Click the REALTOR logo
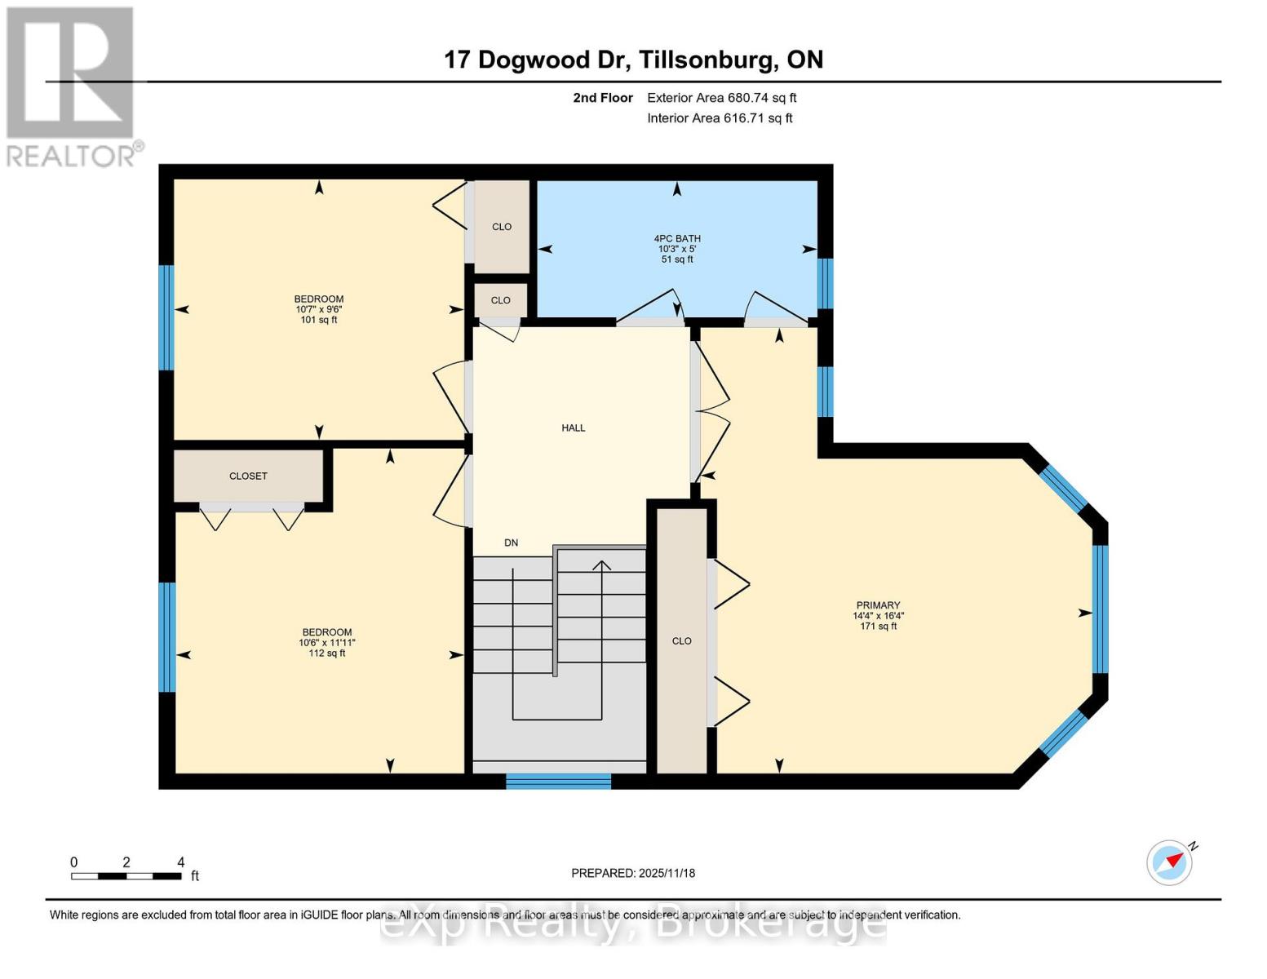click(x=71, y=86)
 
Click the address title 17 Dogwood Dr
click(x=633, y=60)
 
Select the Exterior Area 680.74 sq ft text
click(x=721, y=98)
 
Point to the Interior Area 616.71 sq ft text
click(x=720, y=118)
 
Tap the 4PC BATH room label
click(x=676, y=249)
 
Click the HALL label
click(x=573, y=427)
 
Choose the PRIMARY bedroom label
click(x=878, y=615)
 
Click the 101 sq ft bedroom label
click(x=319, y=309)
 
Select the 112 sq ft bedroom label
click(x=326, y=642)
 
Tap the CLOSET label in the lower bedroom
click(x=248, y=476)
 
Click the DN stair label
click(x=511, y=543)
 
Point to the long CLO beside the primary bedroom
click(x=682, y=640)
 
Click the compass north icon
click(x=1171, y=862)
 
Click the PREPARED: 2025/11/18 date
click(x=633, y=873)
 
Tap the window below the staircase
click(x=558, y=781)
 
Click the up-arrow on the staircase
click(x=602, y=566)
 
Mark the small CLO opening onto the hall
click(x=501, y=300)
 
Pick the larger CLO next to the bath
click(x=502, y=227)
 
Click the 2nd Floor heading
click(x=603, y=98)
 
